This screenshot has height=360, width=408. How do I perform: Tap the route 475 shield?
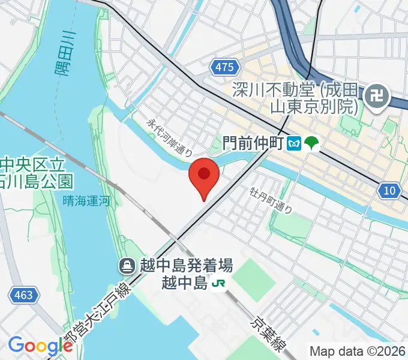[223, 68]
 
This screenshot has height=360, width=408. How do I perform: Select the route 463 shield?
[25, 295]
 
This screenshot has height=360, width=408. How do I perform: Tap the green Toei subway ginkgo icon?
[312, 143]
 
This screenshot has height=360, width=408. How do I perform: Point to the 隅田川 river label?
[65, 54]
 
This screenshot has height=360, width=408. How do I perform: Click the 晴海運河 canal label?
[86, 202]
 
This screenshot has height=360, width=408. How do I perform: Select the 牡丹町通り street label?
[272, 200]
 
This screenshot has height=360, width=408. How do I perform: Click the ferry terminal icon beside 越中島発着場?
[127, 265]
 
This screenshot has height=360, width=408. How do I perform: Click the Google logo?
[40, 346]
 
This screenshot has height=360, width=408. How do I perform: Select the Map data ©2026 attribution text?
[357, 352]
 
